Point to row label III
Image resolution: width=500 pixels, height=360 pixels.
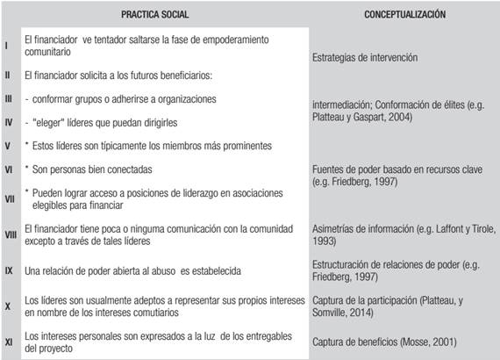coord(8,100)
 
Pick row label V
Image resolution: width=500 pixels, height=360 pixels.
coord(7,145)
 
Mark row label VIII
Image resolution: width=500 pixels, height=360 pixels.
coord(10,234)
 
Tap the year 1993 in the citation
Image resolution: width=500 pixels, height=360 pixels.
coord(325,241)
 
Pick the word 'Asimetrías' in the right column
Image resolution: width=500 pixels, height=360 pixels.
coord(334,228)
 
